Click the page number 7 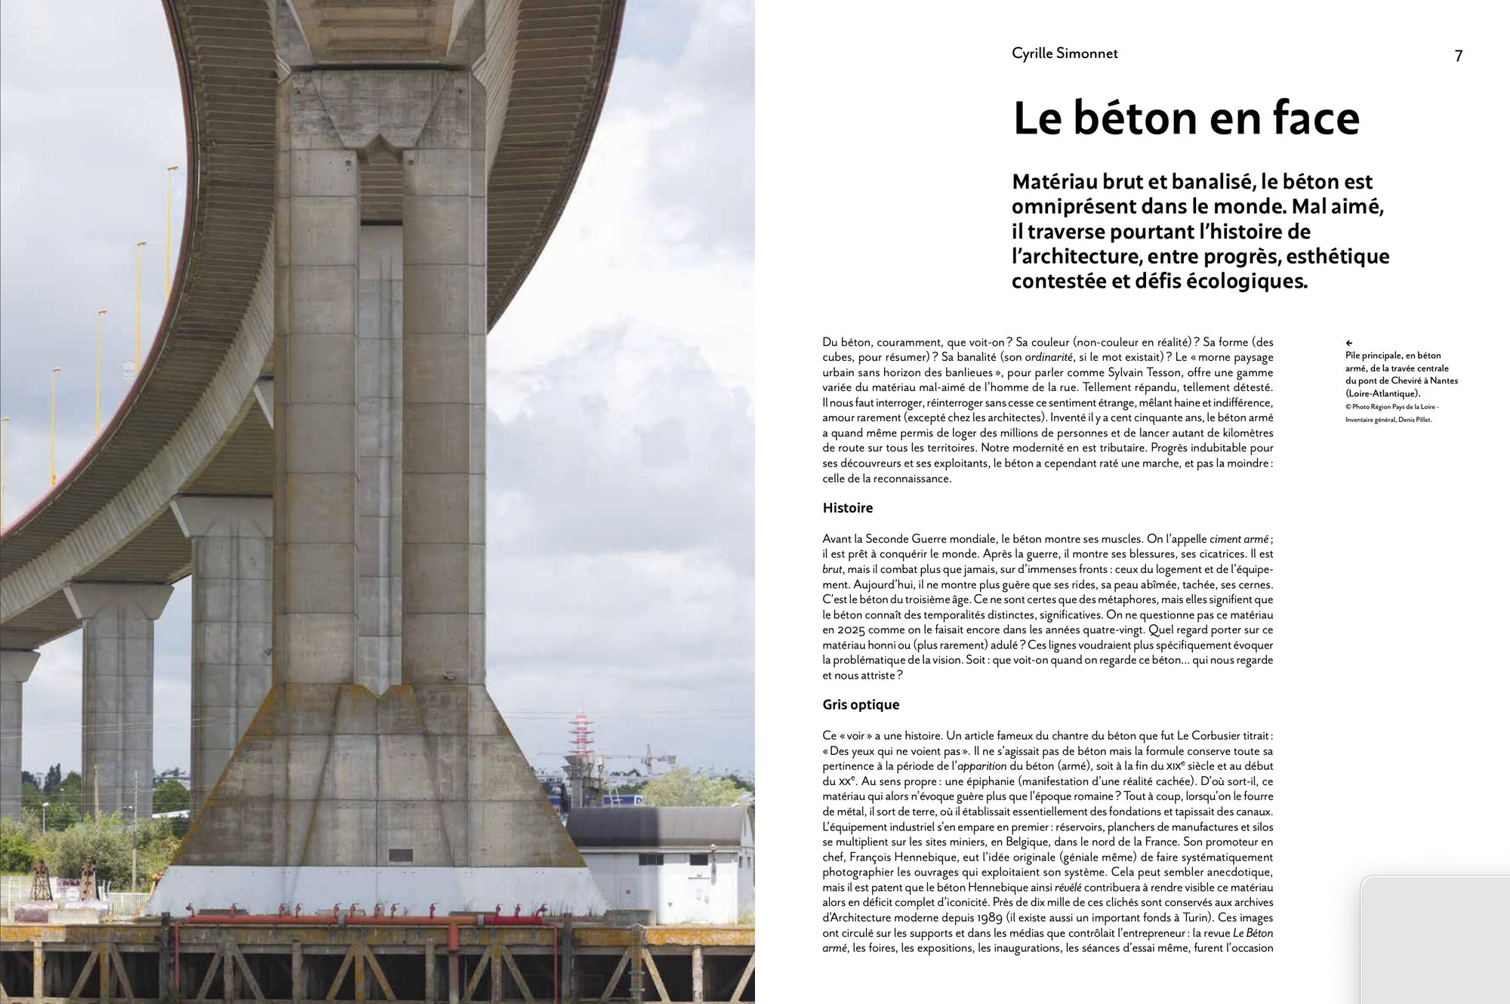click(1459, 56)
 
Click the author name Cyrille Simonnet click(1065, 54)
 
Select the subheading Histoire click(847, 508)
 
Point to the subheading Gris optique click(861, 705)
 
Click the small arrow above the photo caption click(1349, 343)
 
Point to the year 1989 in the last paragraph click(988, 918)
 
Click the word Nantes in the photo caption click(1444, 381)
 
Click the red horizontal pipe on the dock click(362, 920)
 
